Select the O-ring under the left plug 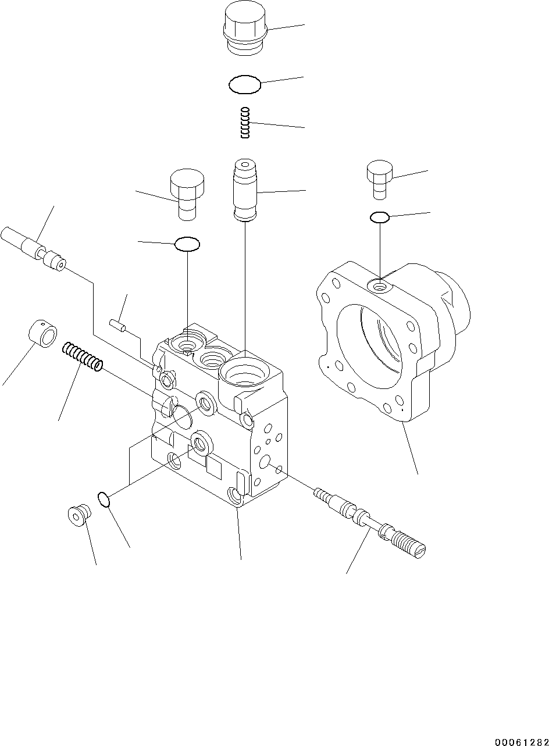click(187, 244)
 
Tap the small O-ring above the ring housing click(379, 217)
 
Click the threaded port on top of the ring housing click(380, 285)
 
